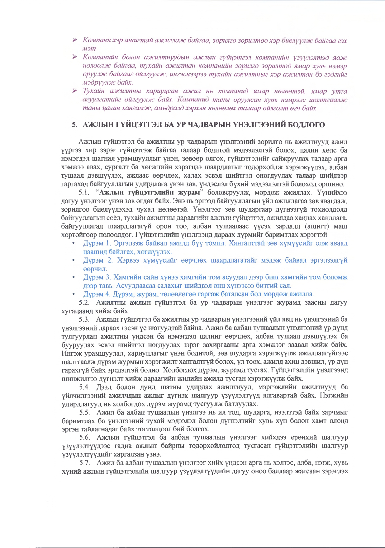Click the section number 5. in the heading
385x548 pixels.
[74, 125]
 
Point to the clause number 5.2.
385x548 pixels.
[85, 302]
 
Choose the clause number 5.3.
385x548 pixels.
[85, 319]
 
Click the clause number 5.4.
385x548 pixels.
[85, 387]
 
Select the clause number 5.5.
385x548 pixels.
[85, 413]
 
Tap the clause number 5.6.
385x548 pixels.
[85, 438]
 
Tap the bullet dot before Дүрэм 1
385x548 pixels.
[74, 243]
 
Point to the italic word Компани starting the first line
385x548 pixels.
[97, 40]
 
